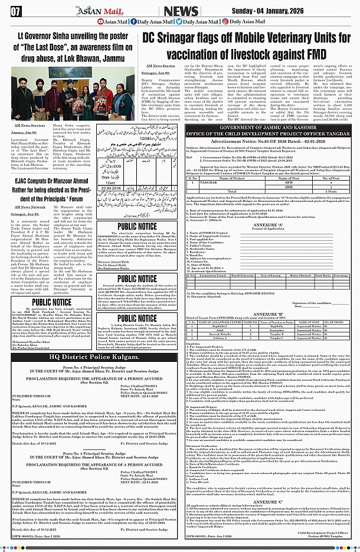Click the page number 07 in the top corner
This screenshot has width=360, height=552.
point(16,11)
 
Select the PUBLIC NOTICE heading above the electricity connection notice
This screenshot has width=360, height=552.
point(137,227)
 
